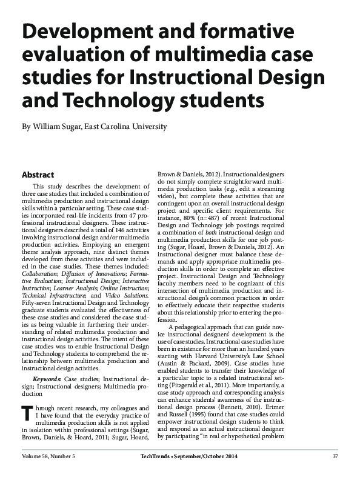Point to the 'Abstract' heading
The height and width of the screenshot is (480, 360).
tap(38, 175)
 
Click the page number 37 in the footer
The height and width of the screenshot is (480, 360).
tap(335, 456)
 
